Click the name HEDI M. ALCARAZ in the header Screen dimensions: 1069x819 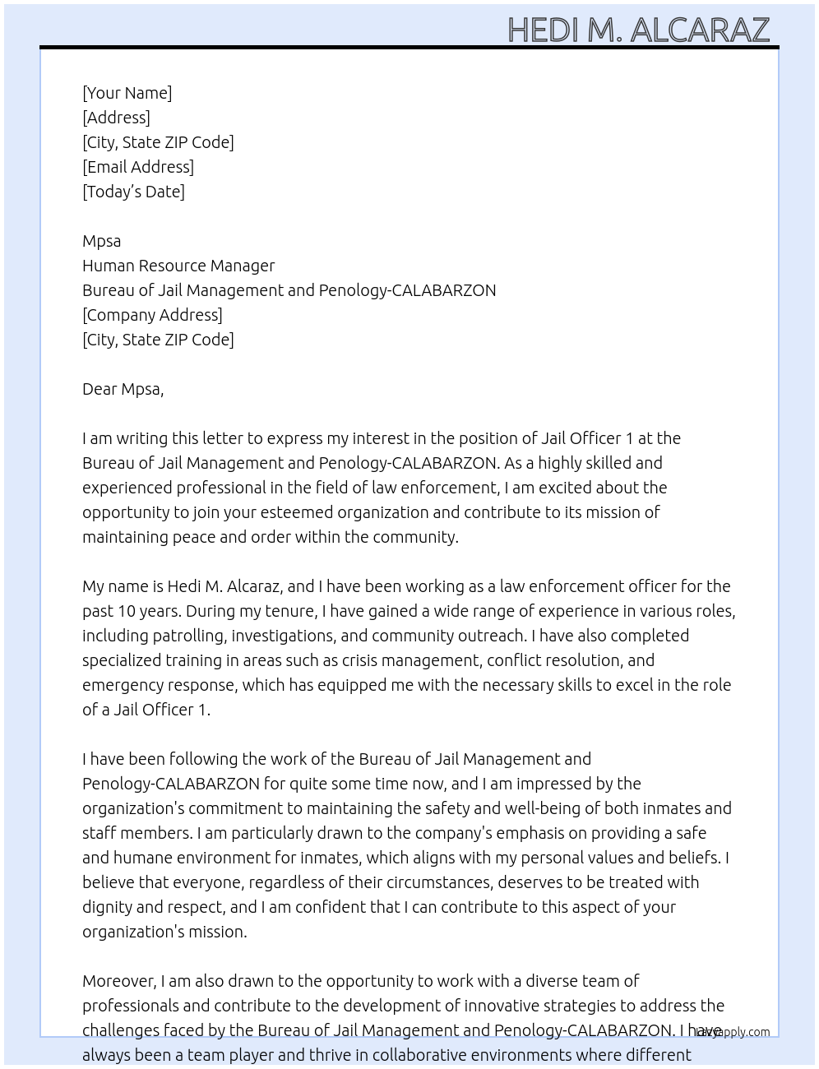click(638, 30)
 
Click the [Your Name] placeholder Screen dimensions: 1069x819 click(127, 93)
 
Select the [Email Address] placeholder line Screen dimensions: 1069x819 click(138, 167)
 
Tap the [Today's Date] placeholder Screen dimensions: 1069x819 click(133, 192)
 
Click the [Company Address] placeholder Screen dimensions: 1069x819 click(152, 315)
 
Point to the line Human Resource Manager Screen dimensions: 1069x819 click(178, 266)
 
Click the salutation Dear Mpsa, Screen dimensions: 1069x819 click(123, 389)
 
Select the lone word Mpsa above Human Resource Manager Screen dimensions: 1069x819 click(101, 241)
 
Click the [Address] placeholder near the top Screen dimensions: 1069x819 click(116, 118)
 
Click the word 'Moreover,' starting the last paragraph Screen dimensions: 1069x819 click(119, 981)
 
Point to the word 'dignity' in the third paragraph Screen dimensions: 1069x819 click(110, 907)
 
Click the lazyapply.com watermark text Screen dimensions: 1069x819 click(733, 1032)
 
